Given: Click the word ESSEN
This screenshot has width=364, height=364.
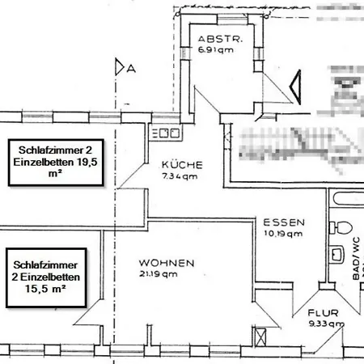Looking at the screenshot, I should click(x=283, y=222).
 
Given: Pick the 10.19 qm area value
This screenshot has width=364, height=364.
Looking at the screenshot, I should click(x=283, y=234).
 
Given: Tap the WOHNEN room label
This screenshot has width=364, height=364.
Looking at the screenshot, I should click(x=166, y=264).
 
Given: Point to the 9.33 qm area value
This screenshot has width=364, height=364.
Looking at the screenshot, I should click(x=326, y=324).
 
